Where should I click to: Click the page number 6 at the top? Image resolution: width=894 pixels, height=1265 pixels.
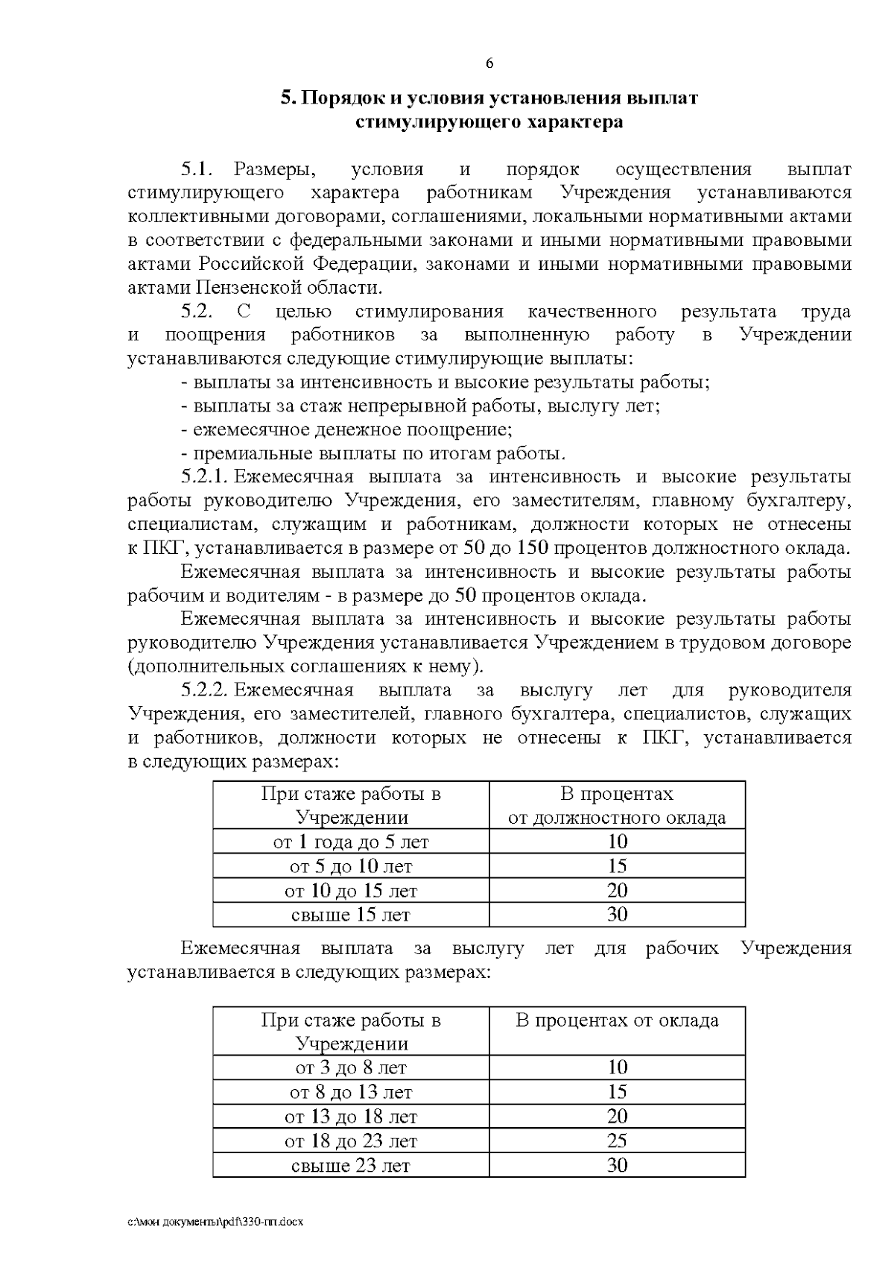489,64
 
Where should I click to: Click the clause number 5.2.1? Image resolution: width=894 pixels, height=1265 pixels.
206,477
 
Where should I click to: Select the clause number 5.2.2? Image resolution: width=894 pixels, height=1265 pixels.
206,690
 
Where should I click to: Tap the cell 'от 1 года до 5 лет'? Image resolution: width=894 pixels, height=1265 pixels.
351,842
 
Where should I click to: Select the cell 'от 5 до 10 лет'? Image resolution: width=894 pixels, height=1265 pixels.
351,866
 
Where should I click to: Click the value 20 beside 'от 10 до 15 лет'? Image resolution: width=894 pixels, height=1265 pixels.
617,891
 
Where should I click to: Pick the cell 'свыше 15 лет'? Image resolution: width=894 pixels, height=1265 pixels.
351,915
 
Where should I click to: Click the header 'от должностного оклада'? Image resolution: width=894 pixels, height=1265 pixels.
617,818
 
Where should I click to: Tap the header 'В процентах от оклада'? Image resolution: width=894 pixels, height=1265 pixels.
617,1020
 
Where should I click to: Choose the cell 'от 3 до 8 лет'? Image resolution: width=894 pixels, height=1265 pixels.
351,1068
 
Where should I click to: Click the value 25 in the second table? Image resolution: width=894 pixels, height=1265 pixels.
617,1141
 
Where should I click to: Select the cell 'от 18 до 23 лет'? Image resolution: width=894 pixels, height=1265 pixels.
351,1141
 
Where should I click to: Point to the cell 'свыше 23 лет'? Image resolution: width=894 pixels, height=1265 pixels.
351,1165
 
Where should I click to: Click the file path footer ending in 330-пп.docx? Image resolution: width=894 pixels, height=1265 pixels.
216,1223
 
